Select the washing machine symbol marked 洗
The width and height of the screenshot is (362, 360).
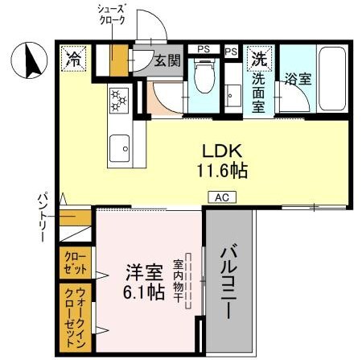(x=259, y=58)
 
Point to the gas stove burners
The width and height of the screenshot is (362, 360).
(x=120, y=101)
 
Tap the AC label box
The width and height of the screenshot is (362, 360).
(x=220, y=196)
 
